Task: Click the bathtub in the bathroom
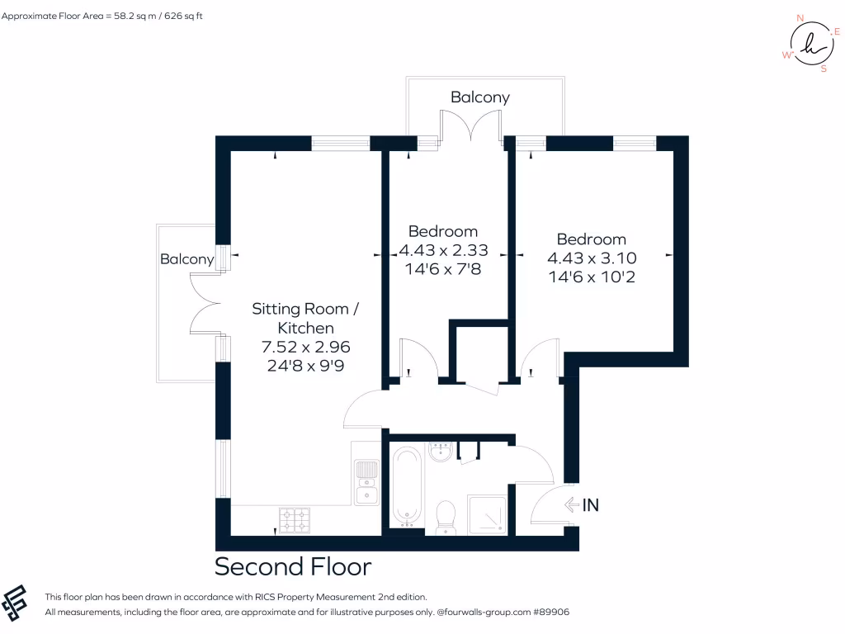coord(406,485)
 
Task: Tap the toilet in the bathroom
coord(446,514)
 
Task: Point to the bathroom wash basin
coord(441,452)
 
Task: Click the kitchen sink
coord(366,482)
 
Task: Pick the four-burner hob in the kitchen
coord(296,519)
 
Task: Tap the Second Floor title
coord(293,567)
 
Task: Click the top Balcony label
coord(479,97)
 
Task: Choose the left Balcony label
coord(186,259)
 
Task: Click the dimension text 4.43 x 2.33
coord(443,250)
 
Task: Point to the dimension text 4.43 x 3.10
coord(592,258)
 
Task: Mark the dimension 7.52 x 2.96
coord(305,347)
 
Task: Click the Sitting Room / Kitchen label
coord(305,319)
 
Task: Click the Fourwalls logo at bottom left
coord(18,603)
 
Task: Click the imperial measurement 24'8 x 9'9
coord(305,366)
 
